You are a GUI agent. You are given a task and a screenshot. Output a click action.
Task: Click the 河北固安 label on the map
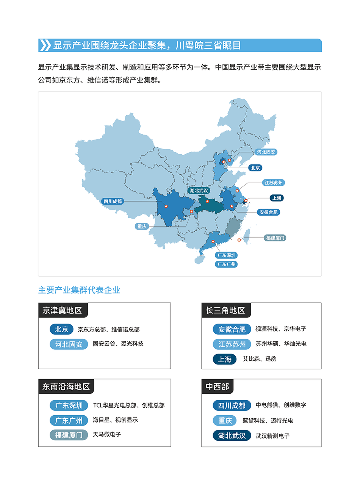click(x=266, y=152)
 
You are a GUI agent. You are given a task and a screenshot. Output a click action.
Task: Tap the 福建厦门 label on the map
click(x=275, y=238)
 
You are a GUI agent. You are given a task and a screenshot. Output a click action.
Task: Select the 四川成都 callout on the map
click(x=113, y=201)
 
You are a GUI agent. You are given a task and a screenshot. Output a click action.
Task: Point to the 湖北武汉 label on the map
click(x=199, y=190)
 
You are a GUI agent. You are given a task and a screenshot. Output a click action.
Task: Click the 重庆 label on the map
click(x=142, y=227)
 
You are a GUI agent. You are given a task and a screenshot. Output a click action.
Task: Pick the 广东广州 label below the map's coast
click(x=226, y=264)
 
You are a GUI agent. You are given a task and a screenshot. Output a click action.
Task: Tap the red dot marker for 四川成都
click(x=166, y=206)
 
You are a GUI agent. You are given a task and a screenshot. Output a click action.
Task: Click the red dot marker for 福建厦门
click(x=239, y=240)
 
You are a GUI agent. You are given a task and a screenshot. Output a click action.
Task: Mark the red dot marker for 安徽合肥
click(x=232, y=206)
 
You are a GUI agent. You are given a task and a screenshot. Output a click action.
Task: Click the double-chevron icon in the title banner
click(x=45, y=45)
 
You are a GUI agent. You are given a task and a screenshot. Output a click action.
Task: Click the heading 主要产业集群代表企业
click(x=79, y=290)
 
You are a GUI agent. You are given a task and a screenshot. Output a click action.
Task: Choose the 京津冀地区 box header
click(x=63, y=310)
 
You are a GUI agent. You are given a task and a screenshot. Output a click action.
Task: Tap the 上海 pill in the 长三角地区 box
click(x=224, y=359)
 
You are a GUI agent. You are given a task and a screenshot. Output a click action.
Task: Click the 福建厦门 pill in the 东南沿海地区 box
click(x=69, y=435)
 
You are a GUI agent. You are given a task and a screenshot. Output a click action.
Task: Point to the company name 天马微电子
click(x=107, y=435)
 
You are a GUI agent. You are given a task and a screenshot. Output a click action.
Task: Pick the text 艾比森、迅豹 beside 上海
click(x=260, y=358)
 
